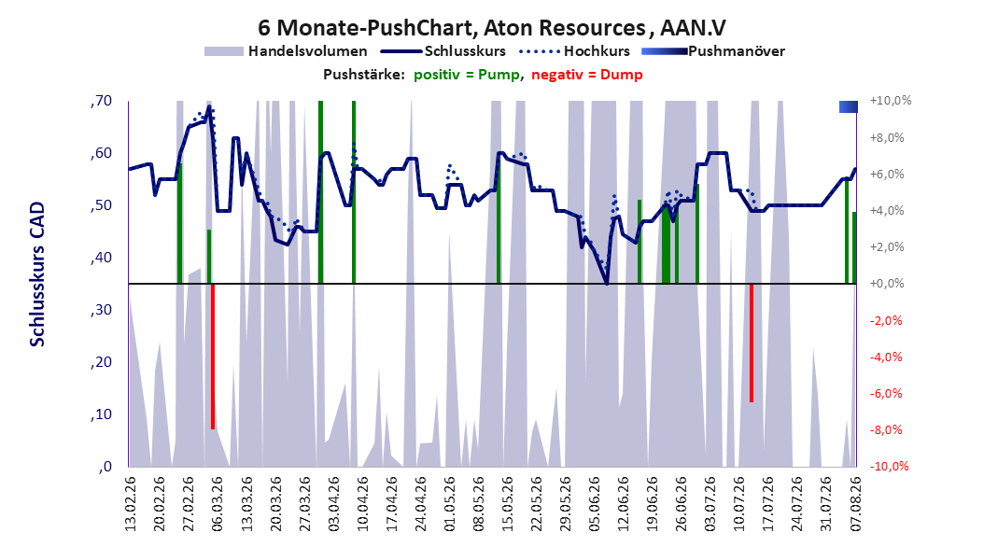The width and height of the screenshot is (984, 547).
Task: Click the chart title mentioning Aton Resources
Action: [x=492, y=28]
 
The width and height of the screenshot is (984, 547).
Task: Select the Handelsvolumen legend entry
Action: [x=287, y=51]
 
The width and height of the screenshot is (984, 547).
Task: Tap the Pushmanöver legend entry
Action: [x=713, y=51]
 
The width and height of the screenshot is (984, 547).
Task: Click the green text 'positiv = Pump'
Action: [x=467, y=75]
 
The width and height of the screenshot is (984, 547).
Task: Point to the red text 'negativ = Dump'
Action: [x=587, y=75]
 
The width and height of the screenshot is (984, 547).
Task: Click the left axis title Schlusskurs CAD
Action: [x=37, y=274]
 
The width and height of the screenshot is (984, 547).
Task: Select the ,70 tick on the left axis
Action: [x=101, y=101]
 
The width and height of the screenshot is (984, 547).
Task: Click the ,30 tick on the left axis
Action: [x=101, y=310]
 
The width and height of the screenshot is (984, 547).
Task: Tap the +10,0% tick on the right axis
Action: [x=891, y=101]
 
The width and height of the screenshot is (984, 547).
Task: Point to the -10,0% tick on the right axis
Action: [x=889, y=466]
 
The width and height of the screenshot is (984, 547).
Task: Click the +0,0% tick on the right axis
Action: [x=887, y=284]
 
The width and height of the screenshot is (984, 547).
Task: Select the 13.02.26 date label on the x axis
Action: [x=131, y=504]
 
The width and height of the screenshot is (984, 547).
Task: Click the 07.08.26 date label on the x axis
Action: [x=856, y=504]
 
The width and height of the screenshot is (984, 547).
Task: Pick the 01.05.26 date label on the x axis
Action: [x=450, y=504]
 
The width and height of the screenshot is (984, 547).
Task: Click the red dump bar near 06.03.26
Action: [x=213, y=357]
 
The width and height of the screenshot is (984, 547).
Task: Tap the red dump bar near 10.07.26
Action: [x=752, y=343]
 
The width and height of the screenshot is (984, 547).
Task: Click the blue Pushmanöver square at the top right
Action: [x=849, y=107]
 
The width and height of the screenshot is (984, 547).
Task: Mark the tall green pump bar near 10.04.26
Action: [x=354, y=192]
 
